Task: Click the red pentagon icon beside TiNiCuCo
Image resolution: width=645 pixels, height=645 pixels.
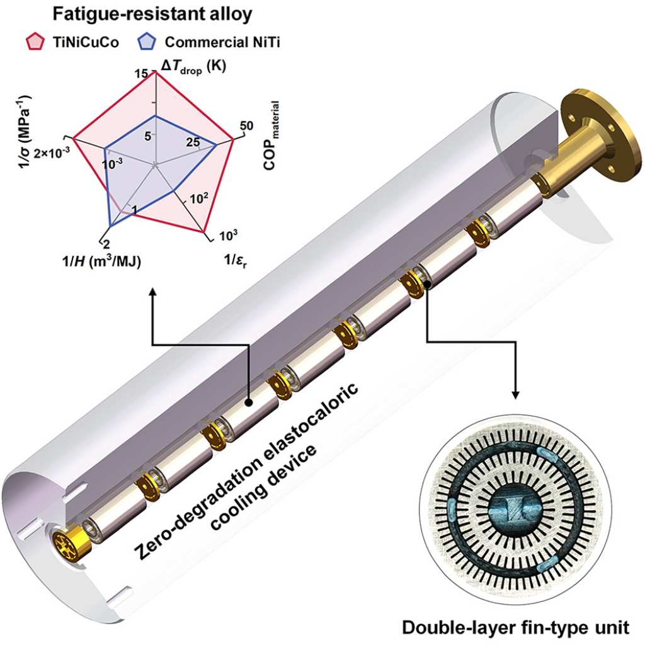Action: pos(35,42)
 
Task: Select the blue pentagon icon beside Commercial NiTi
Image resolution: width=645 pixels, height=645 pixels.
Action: pos(147,42)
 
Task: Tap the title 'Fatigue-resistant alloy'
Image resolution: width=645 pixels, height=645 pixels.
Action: pos(152,14)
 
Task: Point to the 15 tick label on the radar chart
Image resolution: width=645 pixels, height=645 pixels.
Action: pos(141,74)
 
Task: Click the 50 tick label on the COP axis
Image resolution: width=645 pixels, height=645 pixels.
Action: pos(246,125)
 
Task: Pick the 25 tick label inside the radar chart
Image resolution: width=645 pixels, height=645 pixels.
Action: pos(193,142)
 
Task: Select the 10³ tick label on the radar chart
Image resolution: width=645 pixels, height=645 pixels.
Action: pos(228,236)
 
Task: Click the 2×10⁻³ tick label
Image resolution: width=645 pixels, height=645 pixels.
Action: pos(52,153)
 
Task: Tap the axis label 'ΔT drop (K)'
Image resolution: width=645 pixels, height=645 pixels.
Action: pos(193,67)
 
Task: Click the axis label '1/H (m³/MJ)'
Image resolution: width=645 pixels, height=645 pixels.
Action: pos(101,261)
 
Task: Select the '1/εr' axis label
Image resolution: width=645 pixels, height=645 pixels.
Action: pos(236,260)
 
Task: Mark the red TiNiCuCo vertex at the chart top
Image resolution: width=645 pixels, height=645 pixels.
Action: pos(155,71)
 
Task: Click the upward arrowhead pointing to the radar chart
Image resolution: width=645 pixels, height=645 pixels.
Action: pos(152,292)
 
